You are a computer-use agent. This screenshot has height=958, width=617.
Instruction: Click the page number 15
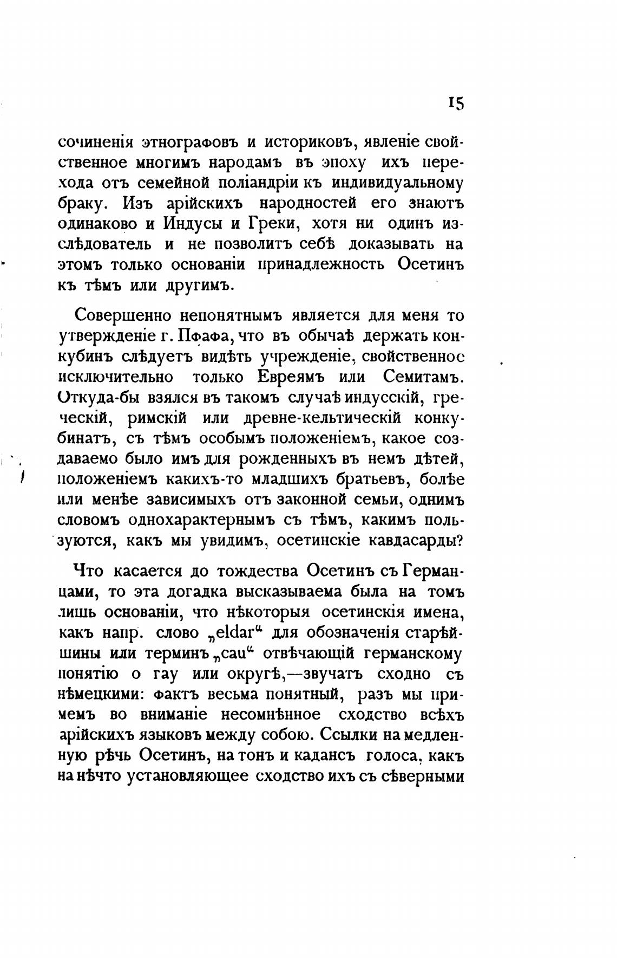455,103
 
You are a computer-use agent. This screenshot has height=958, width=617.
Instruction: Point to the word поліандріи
255,183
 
